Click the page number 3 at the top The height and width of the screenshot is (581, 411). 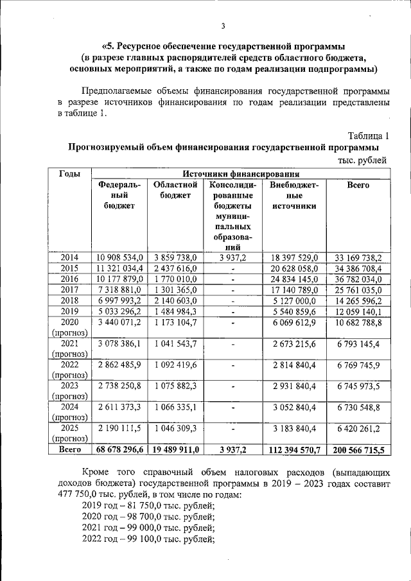tap(223, 26)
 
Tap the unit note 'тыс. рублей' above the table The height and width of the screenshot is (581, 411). tap(363, 160)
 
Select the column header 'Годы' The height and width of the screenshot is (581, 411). tap(69, 173)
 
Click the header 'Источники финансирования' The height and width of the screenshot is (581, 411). tap(241, 173)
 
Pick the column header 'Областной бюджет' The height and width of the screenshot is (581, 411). tap(173, 190)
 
